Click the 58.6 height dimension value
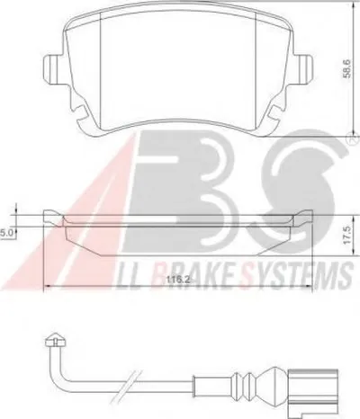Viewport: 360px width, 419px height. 346,68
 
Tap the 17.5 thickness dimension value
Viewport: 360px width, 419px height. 347,236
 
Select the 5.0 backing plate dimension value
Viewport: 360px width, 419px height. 5,234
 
